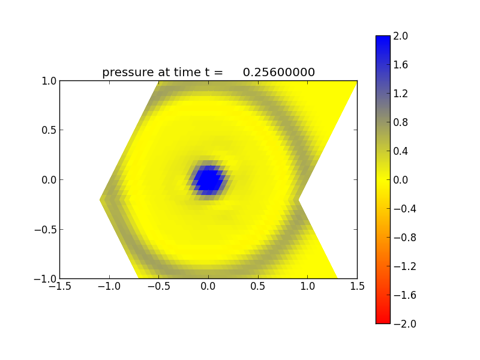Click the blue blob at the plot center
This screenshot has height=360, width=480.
(x=208, y=179)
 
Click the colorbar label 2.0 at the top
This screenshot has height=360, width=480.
(x=401, y=36)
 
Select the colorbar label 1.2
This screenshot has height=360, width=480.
(x=401, y=94)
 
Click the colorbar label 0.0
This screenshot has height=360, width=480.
(x=401, y=180)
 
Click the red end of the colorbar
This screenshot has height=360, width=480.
(x=383, y=318)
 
